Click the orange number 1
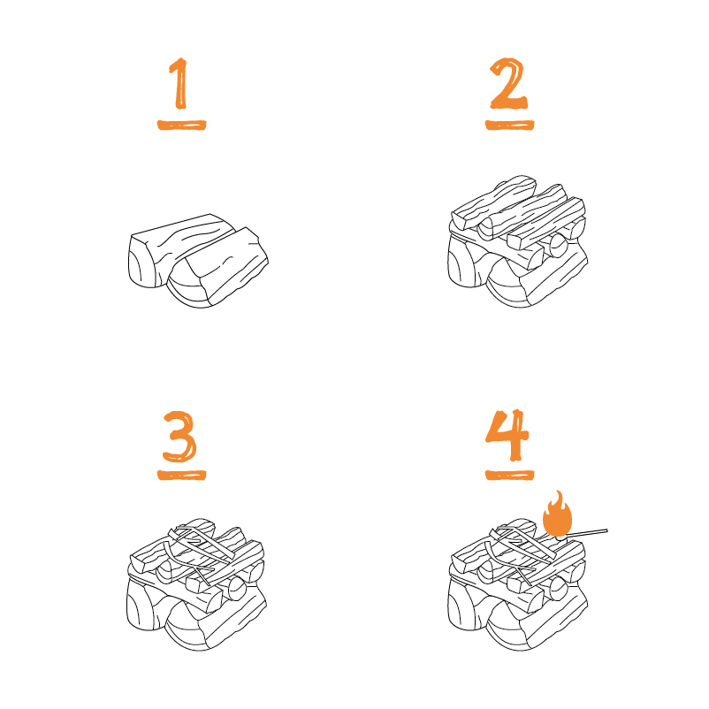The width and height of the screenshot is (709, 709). click(x=179, y=86)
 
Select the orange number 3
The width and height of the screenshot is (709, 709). click(x=182, y=435)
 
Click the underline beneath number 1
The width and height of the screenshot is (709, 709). click(x=181, y=125)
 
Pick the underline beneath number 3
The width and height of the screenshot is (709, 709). click(x=182, y=474)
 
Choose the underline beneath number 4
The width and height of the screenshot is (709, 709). click(x=510, y=475)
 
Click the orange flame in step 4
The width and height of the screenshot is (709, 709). click(x=558, y=515)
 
